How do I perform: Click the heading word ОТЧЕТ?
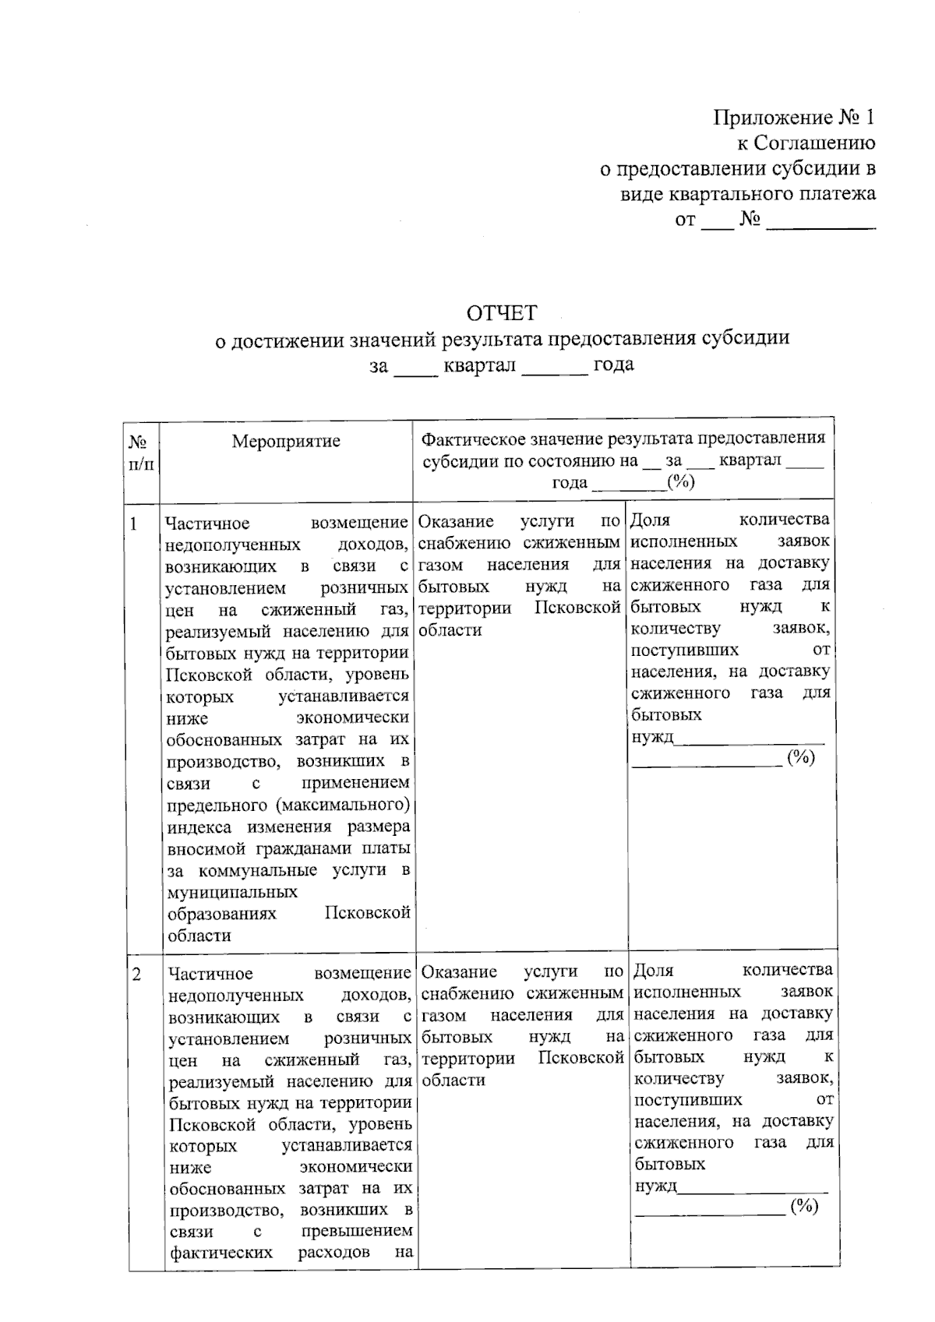tap(502, 313)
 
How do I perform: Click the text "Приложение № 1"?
tap(794, 118)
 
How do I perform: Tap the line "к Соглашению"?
tap(806, 143)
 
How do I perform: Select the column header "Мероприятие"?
tap(286, 442)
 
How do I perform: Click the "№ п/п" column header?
tap(141, 453)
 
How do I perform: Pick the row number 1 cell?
tap(134, 524)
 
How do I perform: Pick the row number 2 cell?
tap(137, 975)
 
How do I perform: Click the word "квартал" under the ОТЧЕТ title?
tap(479, 365)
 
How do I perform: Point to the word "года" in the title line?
tap(613, 364)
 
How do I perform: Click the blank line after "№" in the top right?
tap(820, 222)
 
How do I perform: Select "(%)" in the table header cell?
tap(681, 482)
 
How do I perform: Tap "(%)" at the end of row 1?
tap(800, 757)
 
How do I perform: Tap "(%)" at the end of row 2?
tap(804, 1207)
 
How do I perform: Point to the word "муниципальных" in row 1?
tap(232, 892)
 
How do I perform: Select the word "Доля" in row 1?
tap(651, 520)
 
